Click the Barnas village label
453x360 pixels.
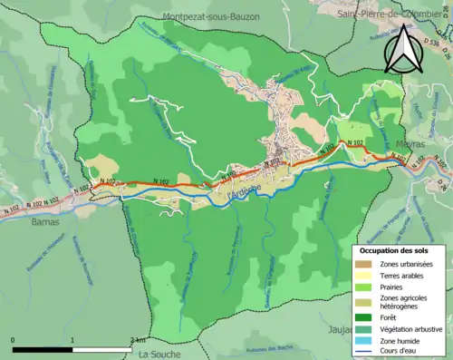click(x=45, y=221)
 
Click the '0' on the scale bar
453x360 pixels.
click(x=14, y=339)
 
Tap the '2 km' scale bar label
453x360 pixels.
click(x=136, y=339)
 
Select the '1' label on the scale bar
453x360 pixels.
click(x=72, y=339)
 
